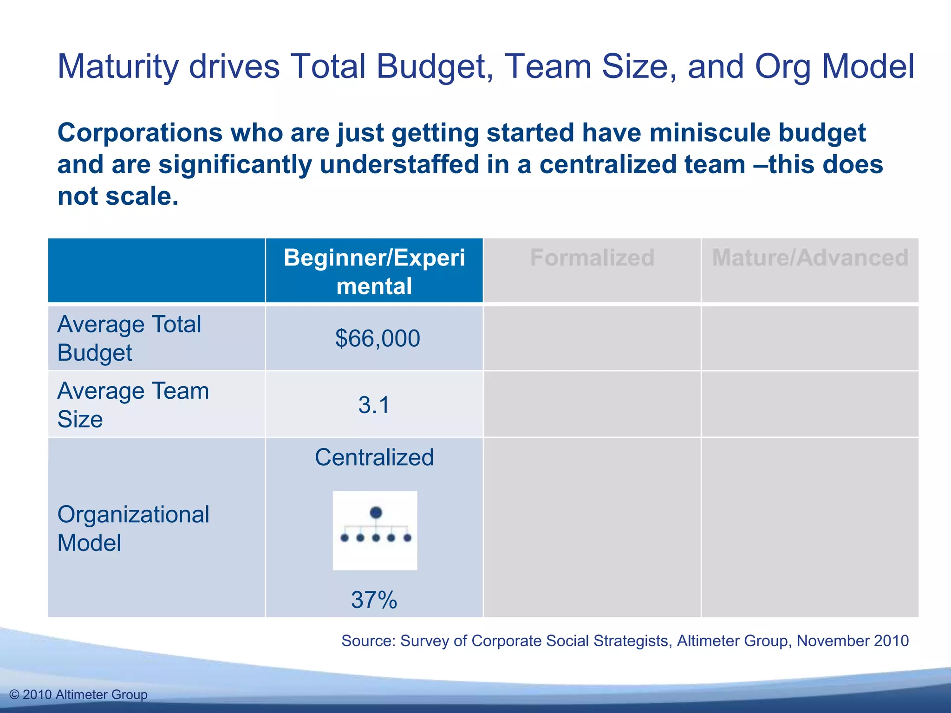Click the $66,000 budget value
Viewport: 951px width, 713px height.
coord(378,338)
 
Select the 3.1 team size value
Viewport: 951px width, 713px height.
coord(374,405)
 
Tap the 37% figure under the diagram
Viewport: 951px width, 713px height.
coord(374,600)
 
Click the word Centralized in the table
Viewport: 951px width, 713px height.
coord(374,457)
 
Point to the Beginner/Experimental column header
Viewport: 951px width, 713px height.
coord(374,272)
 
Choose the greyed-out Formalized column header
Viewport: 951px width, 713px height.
coord(592,258)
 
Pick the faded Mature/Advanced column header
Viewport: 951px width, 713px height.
coord(810,258)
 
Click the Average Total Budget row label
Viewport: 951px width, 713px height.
coord(129,338)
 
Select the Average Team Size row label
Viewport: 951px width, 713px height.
coord(133,405)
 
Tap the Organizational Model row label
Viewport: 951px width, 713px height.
coord(133,528)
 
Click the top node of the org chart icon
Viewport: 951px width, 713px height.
coord(376,512)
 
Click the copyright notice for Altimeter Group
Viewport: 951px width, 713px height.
coord(78,694)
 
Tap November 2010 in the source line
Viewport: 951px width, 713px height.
coord(853,641)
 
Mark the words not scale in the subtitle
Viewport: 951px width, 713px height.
coord(117,196)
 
